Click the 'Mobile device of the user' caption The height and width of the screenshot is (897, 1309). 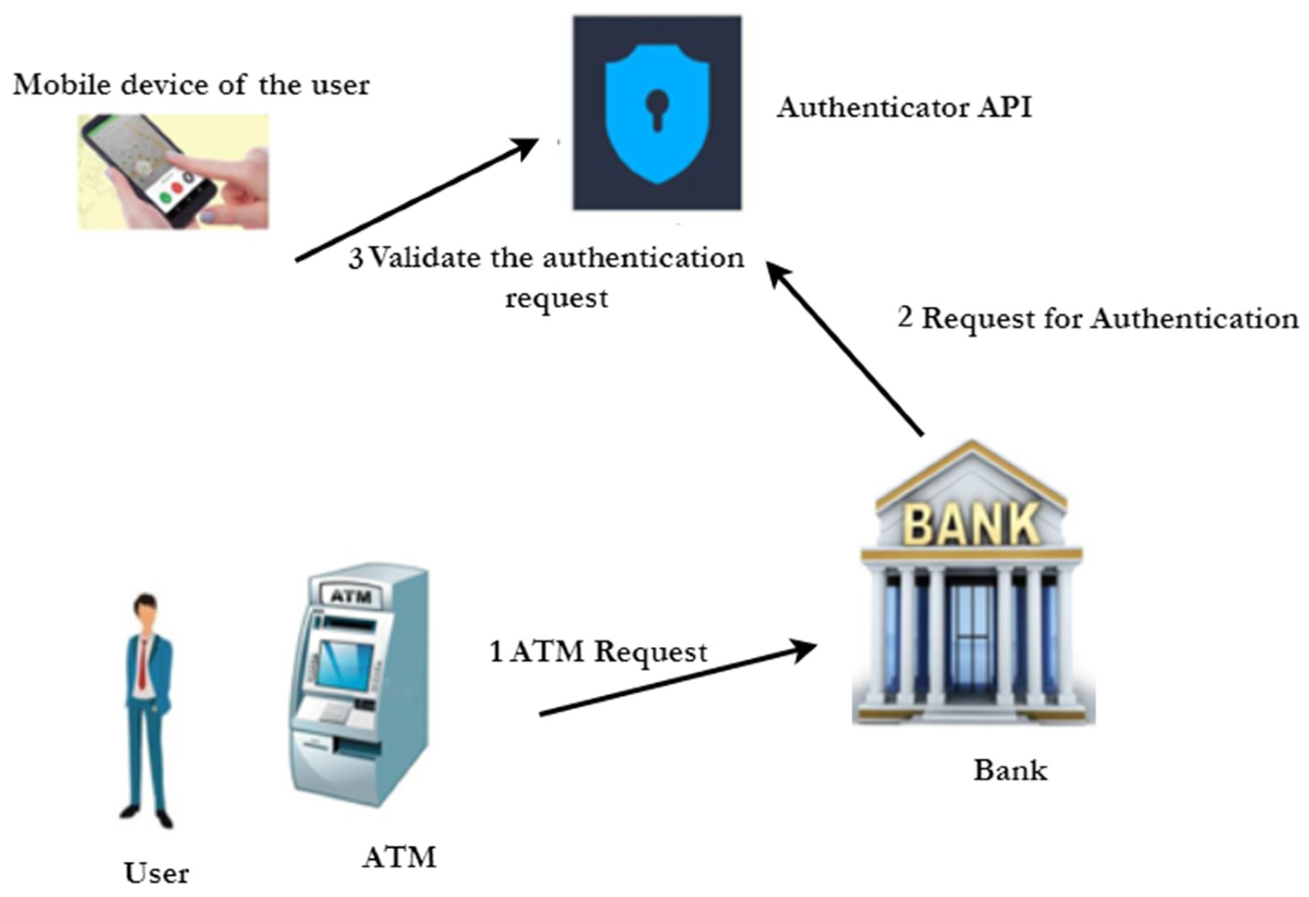click(191, 85)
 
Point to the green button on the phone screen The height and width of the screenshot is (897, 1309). click(166, 198)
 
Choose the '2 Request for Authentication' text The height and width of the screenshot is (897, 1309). click(1097, 318)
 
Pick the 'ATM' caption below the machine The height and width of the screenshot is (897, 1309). click(399, 857)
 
